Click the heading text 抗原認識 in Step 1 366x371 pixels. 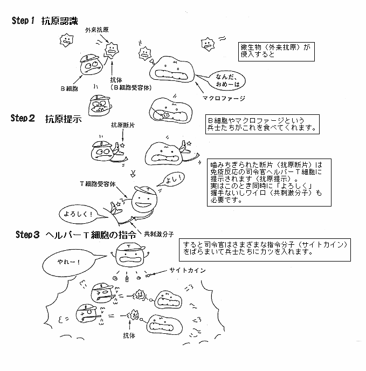pos(61,21)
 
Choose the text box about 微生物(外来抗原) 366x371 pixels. pos(275,52)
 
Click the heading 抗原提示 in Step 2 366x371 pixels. pos(63,119)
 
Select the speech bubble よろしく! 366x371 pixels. pos(77,213)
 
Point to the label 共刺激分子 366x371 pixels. pos(159,233)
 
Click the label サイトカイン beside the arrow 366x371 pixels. pos(186,271)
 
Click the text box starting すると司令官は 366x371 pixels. pos(269,248)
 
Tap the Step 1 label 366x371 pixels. pos(23,21)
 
